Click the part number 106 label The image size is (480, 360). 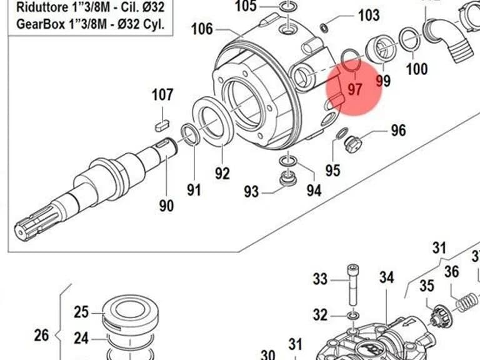coord(202,29)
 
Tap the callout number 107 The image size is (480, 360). coord(162,94)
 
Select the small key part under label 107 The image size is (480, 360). coord(162,126)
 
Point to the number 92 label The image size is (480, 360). coord(222,174)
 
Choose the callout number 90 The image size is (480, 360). coord(166,206)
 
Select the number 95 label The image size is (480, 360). coord(332,170)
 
